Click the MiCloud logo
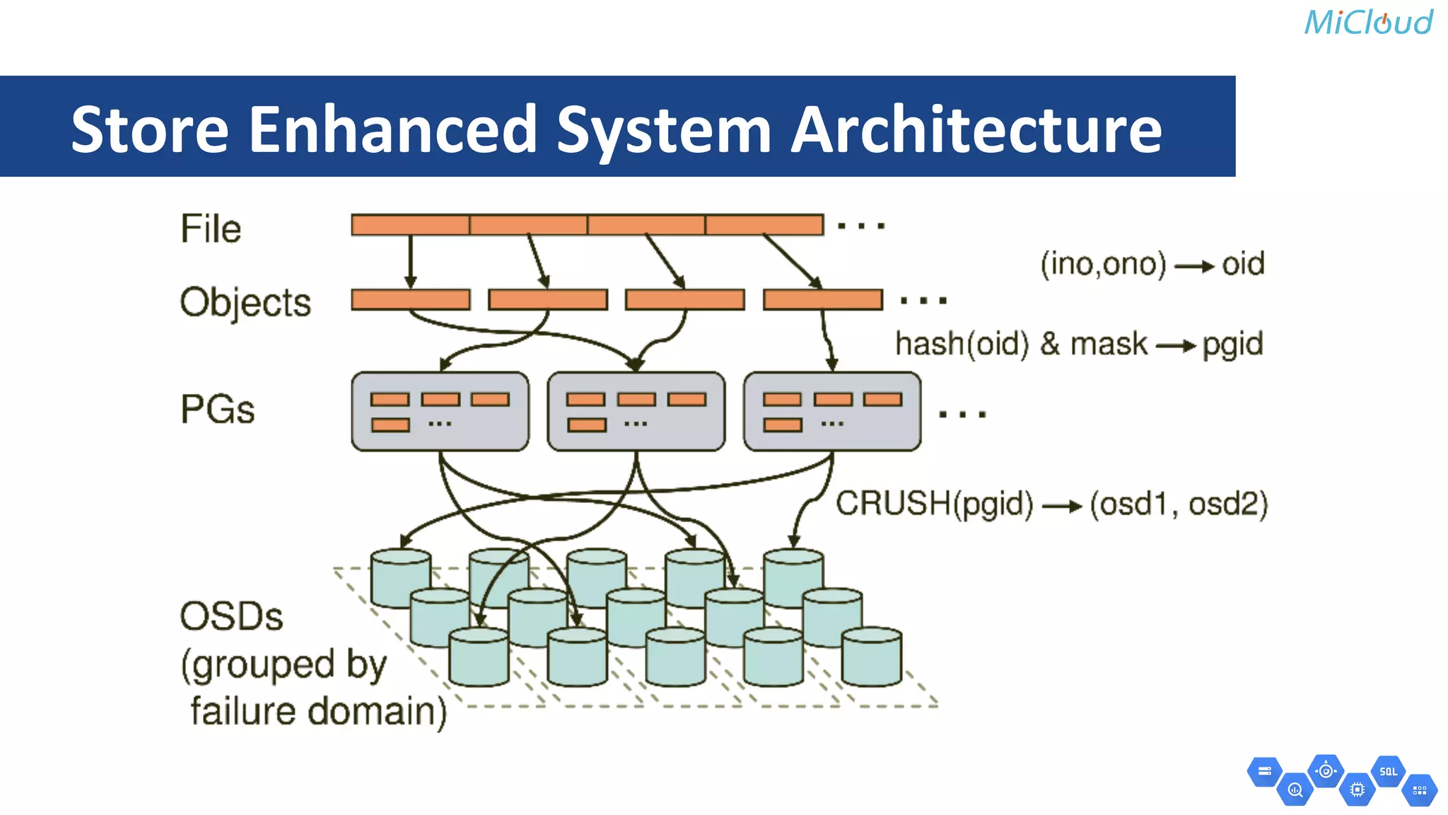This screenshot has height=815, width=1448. point(1368,23)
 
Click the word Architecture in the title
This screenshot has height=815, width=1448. point(976,129)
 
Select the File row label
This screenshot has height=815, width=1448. point(211,229)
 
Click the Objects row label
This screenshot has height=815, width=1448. point(245,303)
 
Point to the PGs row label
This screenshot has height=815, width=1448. point(218,410)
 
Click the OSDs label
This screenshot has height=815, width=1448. point(231,616)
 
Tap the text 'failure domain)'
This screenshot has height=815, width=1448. point(318,711)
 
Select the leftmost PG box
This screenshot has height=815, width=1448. point(440,411)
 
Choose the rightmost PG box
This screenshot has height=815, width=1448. point(832,411)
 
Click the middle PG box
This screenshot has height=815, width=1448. point(636,411)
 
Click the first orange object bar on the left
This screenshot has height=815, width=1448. point(411,299)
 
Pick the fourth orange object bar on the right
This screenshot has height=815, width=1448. point(823,299)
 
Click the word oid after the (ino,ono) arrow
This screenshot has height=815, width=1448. point(1243,264)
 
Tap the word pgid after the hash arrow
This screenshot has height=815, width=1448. point(1232,345)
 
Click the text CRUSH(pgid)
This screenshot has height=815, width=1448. point(934,504)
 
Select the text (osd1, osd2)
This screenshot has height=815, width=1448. point(1179,504)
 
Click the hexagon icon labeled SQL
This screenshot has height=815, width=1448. point(1388,772)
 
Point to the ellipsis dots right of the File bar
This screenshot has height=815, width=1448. point(861,226)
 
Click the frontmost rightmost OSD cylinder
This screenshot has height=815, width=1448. point(872,657)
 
